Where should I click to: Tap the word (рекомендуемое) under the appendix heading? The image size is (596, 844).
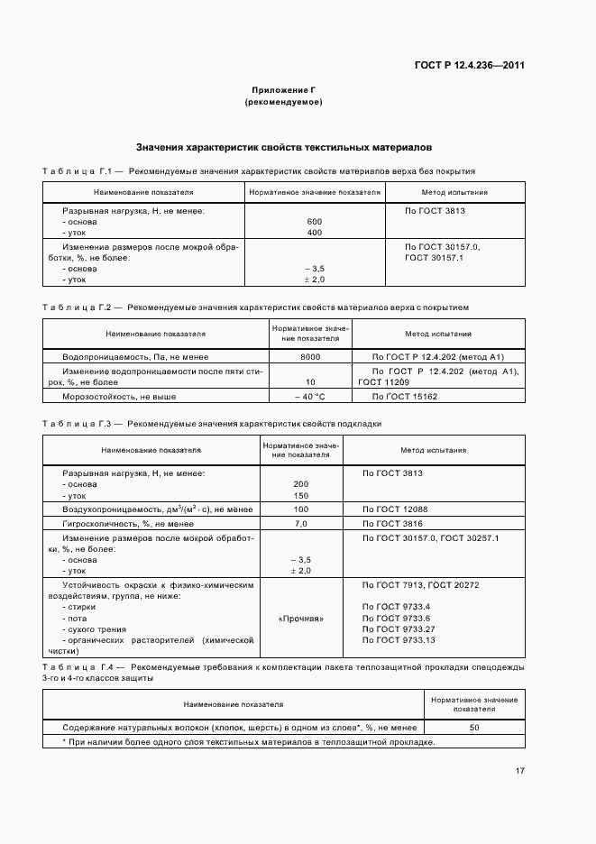click(283, 103)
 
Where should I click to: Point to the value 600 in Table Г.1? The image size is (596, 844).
click(315, 222)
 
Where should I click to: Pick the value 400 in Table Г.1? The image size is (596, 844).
click(315, 233)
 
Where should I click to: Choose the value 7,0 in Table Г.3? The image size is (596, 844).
click(301, 523)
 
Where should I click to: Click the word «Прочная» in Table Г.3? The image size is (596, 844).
click(301, 619)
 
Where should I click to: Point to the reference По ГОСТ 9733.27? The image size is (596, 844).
click(399, 628)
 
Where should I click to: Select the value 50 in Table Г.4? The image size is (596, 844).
click(474, 726)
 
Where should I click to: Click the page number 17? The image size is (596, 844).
click(520, 771)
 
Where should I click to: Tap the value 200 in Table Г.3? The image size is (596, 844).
click(301, 484)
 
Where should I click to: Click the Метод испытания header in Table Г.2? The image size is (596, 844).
click(438, 334)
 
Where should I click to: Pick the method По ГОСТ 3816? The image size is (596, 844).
click(392, 523)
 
